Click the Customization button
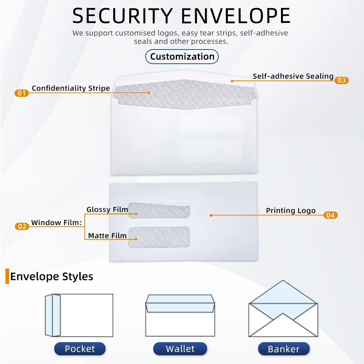click(x=182, y=57)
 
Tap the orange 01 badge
click(x=22, y=93)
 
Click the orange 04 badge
click(x=330, y=215)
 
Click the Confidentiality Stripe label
click(x=71, y=88)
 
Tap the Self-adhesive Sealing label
click(x=293, y=76)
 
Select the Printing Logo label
click(x=290, y=210)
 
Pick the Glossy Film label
click(x=107, y=209)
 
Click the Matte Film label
click(x=107, y=236)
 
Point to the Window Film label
click(x=56, y=222)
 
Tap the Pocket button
click(x=80, y=349)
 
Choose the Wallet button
click(x=180, y=349)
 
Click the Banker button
click(x=284, y=349)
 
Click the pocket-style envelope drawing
click(x=79, y=315)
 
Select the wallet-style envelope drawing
click(x=180, y=315)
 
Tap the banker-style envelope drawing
click(x=283, y=309)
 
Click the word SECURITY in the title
click(x=122, y=16)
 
